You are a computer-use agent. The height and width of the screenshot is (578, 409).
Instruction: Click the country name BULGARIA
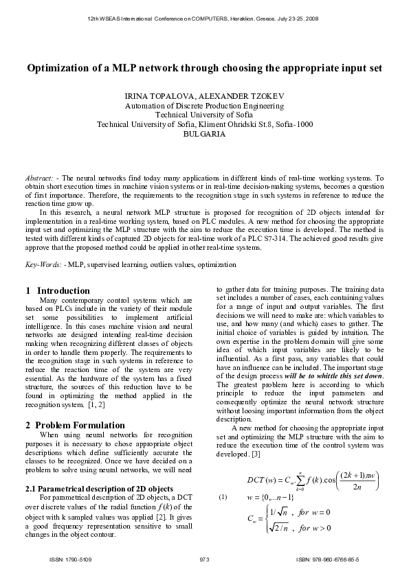click(x=205, y=135)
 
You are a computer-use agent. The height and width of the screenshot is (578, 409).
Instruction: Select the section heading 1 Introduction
click(x=58, y=290)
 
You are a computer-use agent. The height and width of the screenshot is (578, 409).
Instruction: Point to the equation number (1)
click(x=222, y=496)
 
